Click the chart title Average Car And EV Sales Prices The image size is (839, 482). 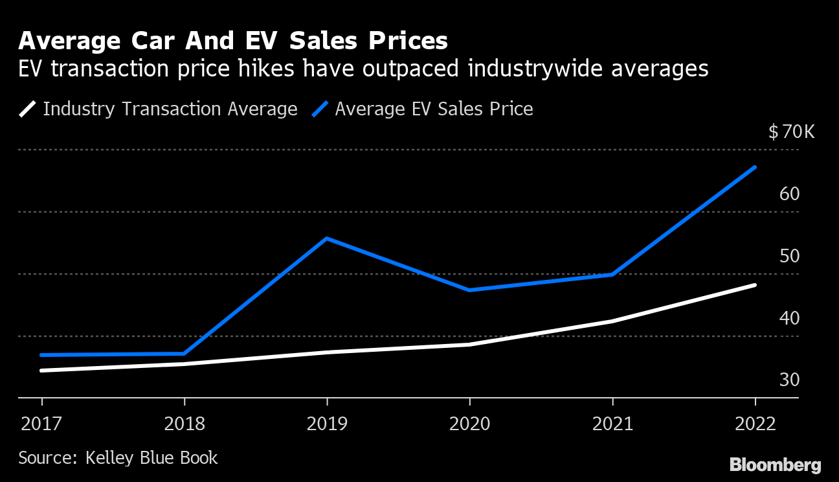click(233, 41)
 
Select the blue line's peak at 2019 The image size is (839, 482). click(327, 238)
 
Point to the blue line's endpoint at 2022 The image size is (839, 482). click(755, 167)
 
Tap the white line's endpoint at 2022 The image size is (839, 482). click(755, 285)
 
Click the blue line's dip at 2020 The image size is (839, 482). click(469, 290)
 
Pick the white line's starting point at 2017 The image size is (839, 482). click(41, 371)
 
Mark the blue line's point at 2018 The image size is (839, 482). click(185, 354)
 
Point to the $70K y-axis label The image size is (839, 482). click(791, 132)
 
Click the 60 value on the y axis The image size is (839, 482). click(790, 194)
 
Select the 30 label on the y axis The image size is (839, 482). click(790, 380)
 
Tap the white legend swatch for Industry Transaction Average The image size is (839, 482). click(28, 109)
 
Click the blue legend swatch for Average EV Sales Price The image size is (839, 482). click(320, 109)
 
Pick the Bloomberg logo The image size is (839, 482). click(775, 465)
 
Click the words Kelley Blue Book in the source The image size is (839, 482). click(151, 458)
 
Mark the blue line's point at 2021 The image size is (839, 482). click(612, 275)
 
